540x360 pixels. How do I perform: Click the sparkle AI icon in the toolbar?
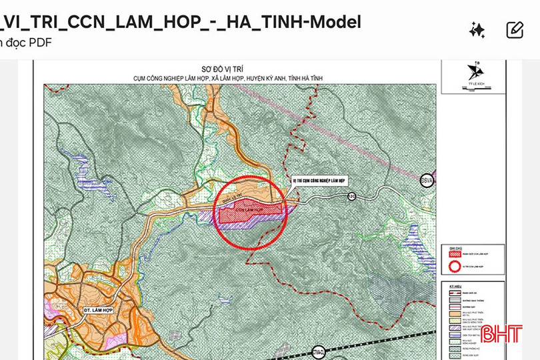[x=477, y=30]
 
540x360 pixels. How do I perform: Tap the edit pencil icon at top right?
[x=515, y=30]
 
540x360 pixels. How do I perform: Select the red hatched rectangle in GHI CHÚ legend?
[x=448, y=254]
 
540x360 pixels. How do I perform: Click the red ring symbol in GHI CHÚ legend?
[x=448, y=265]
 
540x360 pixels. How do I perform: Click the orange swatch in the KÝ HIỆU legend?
[x=448, y=313]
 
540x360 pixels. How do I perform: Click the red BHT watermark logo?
[x=501, y=333]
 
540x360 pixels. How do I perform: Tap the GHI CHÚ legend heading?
[x=455, y=246]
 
